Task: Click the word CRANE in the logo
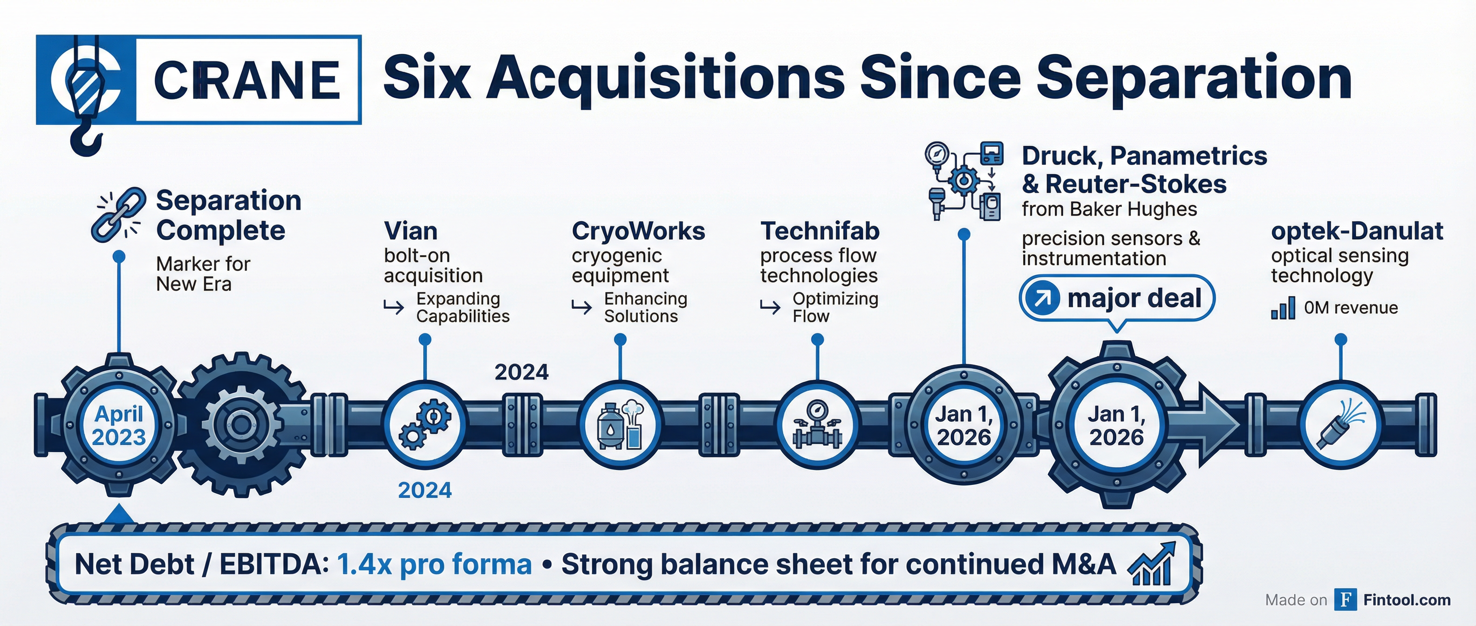[x=247, y=80]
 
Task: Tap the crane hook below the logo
[x=87, y=140]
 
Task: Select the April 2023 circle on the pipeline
[x=119, y=426]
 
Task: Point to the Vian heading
[x=411, y=231]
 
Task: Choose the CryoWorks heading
[x=638, y=231]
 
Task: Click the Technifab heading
[x=820, y=231]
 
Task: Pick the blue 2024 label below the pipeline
[x=424, y=490]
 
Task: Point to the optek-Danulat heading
[x=1357, y=231]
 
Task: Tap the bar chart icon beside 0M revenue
[x=1283, y=308]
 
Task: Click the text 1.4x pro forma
[x=434, y=564]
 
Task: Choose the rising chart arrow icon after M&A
[x=1152, y=564]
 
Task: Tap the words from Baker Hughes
[x=1109, y=210]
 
